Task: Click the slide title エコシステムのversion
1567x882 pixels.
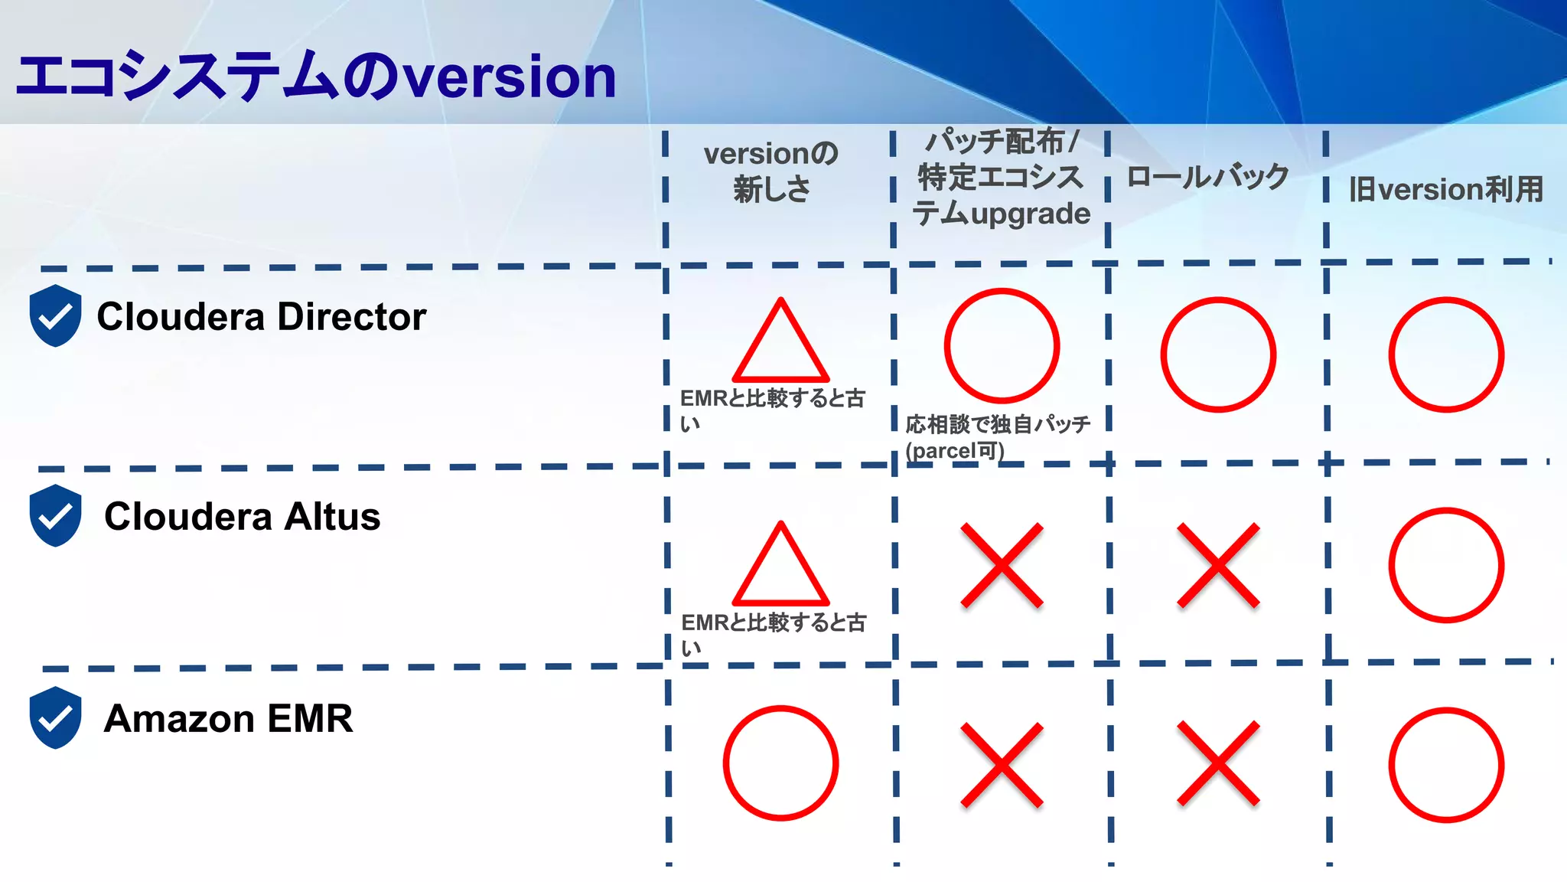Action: [315, 77]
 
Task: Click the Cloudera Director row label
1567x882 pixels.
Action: [261, 316]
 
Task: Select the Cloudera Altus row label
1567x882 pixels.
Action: [242, 516]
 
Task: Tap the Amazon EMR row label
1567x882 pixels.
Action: [228, 718]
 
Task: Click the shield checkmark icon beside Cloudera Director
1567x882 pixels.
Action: [55, 315]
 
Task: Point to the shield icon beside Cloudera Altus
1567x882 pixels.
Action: [55, 515]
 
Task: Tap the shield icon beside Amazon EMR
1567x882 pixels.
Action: [55, 717]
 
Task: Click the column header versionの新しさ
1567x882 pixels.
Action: [771, 171]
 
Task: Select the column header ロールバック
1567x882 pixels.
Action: [1207, 177]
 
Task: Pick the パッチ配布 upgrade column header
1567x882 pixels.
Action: [1001, 178]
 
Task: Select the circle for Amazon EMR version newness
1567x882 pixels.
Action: [780, 763]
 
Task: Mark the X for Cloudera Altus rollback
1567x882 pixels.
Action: [1218, 565]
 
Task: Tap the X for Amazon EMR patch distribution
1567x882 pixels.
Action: [1002, 764]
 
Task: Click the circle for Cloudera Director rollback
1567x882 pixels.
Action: [1218, 354]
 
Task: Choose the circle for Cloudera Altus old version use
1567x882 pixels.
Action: [1446, 565]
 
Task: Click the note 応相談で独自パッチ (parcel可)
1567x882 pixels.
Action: [997, 436]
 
